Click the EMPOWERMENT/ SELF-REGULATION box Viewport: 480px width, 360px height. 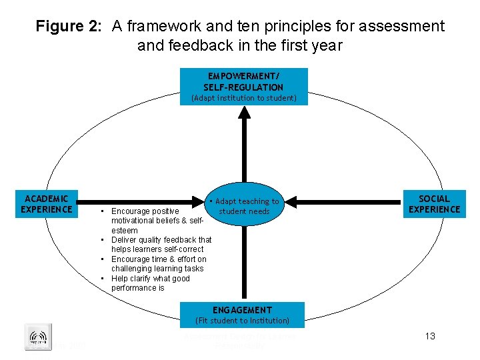243,82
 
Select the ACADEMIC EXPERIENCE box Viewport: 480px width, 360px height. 47,204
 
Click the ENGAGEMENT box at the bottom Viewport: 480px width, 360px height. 242,310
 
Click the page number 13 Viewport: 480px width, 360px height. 430,336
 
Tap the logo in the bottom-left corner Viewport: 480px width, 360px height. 37,337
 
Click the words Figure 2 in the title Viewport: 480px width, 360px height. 68,27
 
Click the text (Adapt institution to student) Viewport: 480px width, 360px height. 243,98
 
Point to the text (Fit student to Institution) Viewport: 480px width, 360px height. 242,321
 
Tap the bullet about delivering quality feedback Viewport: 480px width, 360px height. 161,244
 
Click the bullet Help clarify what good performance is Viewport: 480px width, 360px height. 150,283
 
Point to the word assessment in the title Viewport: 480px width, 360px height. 400,27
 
